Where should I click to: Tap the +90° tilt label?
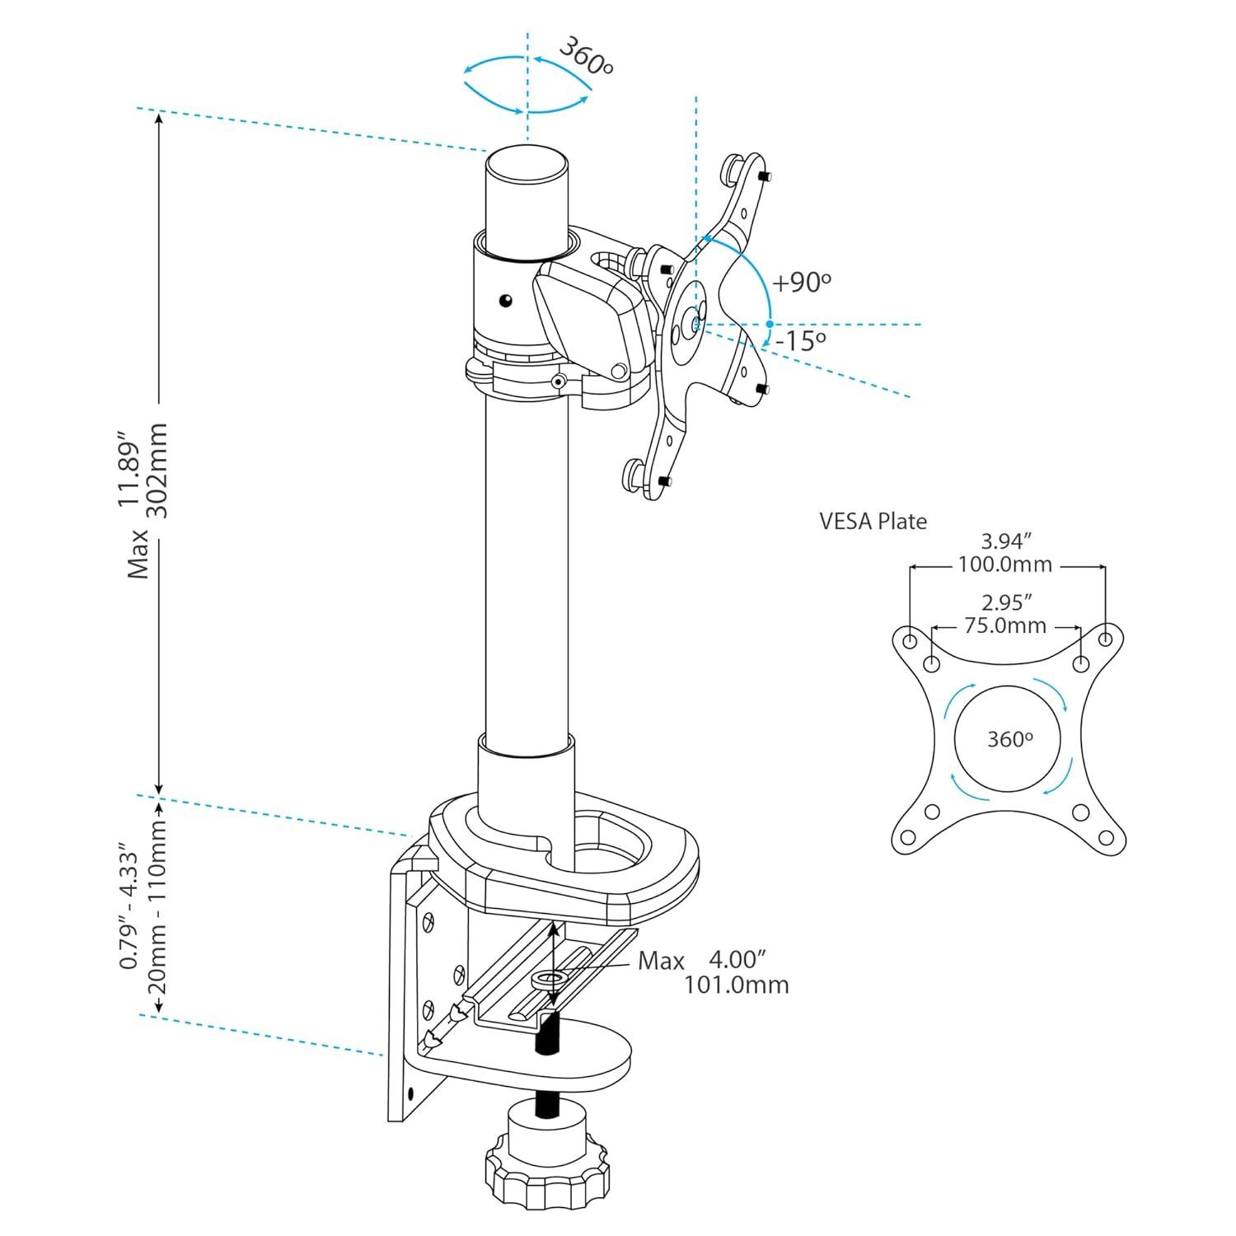(801, 283)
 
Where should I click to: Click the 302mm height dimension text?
(157, 471)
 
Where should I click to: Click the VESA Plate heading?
(873, 522)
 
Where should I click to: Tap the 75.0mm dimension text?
(1005, 626)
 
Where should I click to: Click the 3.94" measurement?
(1007, 541)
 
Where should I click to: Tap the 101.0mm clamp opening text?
(736, 985)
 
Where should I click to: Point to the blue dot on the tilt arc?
(770, 324)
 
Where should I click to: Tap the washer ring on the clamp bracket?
(549, 978)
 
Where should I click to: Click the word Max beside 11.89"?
(138, 553)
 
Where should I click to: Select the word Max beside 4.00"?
(661, 961)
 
